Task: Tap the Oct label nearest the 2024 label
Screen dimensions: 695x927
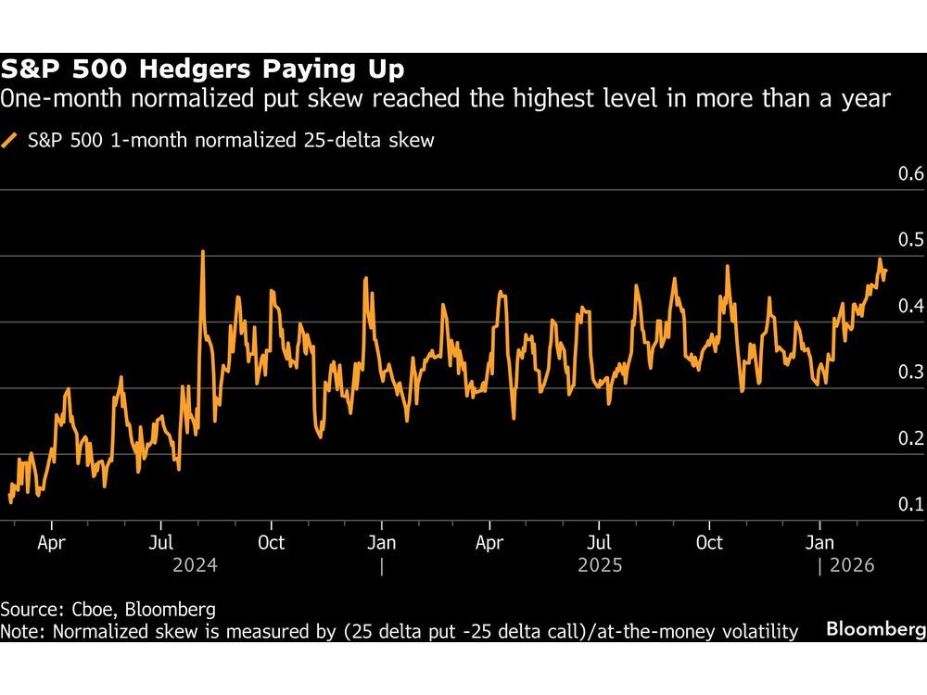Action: pyautogui.click(x=271, y=541)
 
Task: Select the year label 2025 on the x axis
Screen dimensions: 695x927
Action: pyautogui.click(x=599, y=565)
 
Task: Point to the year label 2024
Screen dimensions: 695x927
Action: pyautogui.click(x=195, y=565)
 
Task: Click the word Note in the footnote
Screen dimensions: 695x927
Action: pyautogui.click(x=20, y=631)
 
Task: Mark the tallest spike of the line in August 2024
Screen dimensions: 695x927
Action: pyautogui.click(x=202, y=252)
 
